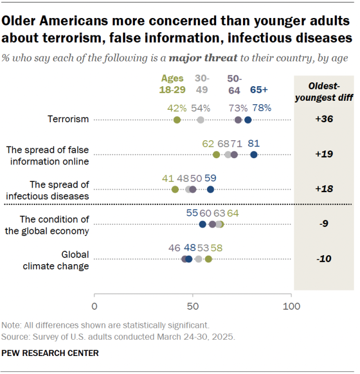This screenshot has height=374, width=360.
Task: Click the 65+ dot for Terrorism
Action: pyautogui.click(x=248, y=120)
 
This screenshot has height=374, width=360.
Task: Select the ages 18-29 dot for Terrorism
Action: pyautogui.click(x=177, y=120)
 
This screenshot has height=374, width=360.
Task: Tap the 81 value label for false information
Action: pyautogui.click(x=254, y=143)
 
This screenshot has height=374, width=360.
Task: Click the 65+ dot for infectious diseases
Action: pyautogui.click(x=210, y=189)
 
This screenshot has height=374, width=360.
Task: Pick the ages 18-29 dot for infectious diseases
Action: pyautogui.click(x=175, y=189)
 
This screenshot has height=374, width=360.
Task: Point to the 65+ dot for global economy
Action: pyautogui.click(x=202, y=224)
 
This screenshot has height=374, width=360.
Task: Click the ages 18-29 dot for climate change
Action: pyautogui.click(x=209, y=259)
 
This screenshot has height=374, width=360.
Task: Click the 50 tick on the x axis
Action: pyautogui.click(x=192, y=306)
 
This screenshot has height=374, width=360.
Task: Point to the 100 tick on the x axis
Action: pyautogui.click(x=291, y=306)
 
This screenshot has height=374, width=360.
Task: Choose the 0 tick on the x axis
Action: pyautogui.click(x=94, y=306)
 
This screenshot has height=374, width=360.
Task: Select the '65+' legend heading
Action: pyautogui.click(x=259, y=88)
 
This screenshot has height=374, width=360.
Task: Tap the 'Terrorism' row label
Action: pyautogui.click(x=69, y=120)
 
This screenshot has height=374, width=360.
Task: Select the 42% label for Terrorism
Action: pyautogui.click(x=177, y=108)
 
